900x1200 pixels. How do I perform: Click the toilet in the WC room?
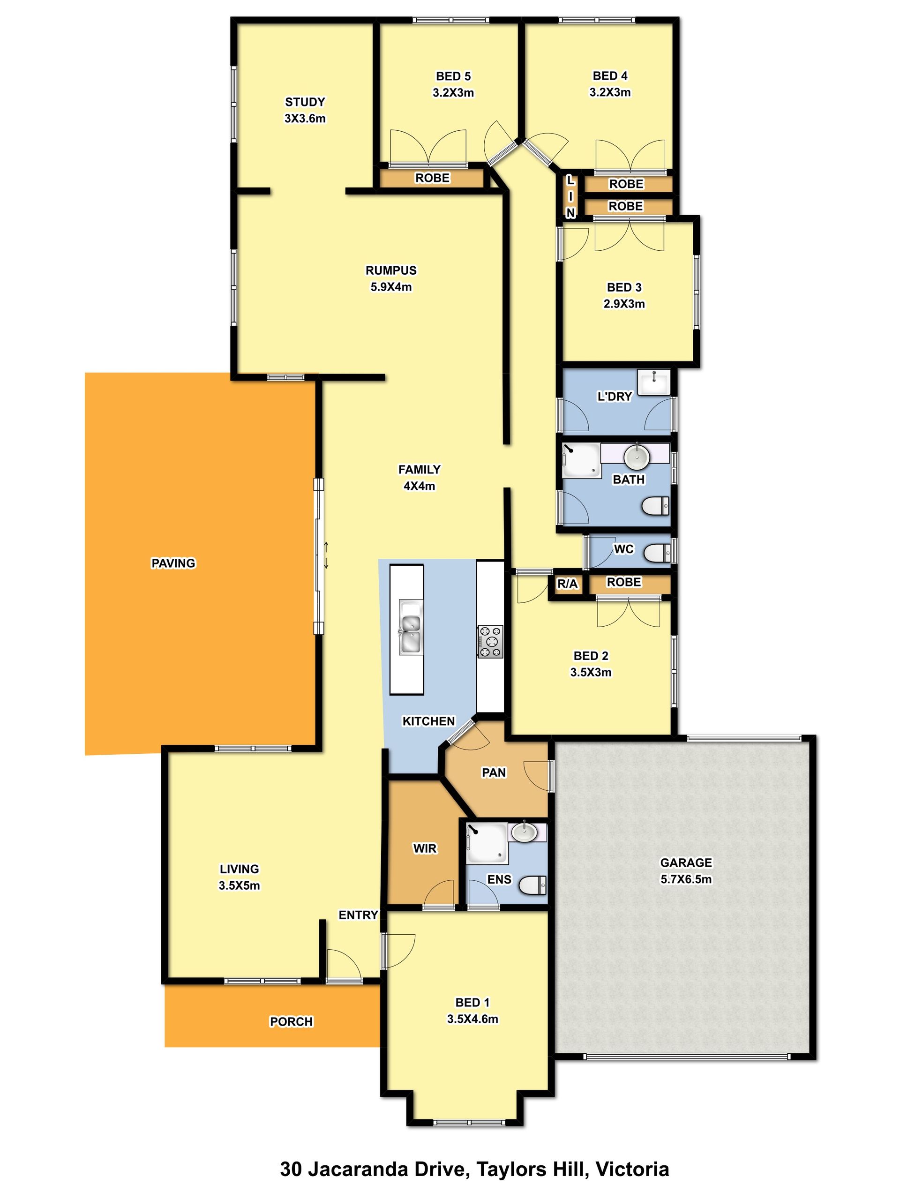point(658,553)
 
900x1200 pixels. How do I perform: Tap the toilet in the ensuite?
point(532,885)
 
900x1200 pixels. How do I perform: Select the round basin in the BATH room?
point(637,457)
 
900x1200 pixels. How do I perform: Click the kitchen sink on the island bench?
point(411,627)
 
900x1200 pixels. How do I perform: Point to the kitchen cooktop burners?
point(490,641)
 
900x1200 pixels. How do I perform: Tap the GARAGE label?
point(686,862)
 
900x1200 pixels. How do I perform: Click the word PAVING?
point(173,563)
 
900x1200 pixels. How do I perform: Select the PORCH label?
point(291,1021)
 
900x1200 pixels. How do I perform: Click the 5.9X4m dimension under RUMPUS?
point(391,287)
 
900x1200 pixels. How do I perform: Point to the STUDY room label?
point(305,102)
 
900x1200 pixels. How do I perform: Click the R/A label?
point(568,584)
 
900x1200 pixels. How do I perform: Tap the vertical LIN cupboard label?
point(570,196)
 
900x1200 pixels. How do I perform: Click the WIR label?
point(425,848)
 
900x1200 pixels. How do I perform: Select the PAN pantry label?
point(494,772)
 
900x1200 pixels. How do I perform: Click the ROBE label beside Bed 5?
point(432,178)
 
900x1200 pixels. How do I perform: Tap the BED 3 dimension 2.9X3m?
point(624,304)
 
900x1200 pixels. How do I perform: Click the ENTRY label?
point(358,915)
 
